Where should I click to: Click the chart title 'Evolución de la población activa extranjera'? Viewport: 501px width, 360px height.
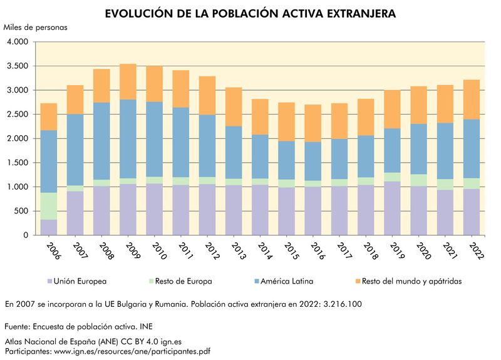(x=250, y=13)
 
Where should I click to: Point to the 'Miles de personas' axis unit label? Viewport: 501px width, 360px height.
(x=35, y=28)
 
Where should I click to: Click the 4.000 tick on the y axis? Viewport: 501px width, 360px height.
(x=18, y=42)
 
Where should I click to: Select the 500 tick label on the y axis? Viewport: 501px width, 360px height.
(x=22, y=211)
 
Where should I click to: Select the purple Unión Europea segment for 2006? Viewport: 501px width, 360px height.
(x=49, y=227)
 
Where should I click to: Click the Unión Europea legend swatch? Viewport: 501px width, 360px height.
(x=49, y=281)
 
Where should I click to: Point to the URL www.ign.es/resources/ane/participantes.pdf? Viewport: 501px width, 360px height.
(x=132, y=351)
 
